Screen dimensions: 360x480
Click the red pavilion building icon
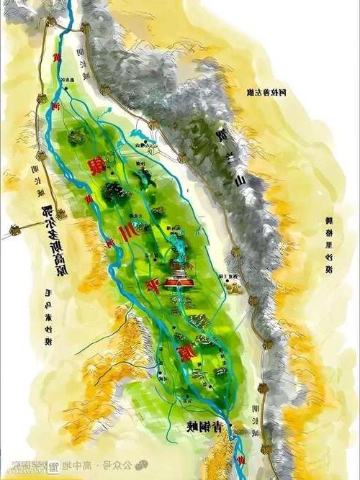(x=176, y=283)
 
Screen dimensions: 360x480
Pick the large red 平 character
(x=153, y=284)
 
